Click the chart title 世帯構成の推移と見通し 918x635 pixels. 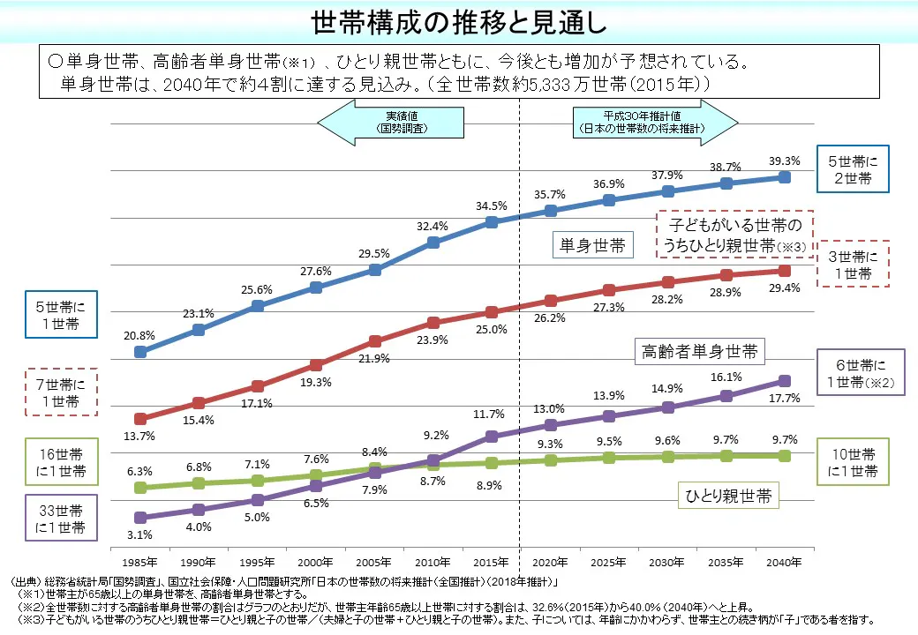tap(459, 22)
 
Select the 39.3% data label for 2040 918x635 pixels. tap(785, 161)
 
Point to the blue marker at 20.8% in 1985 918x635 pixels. tap(140, 352)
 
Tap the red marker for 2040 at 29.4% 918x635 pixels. tap(785, 270)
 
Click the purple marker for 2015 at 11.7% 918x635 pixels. tap(492, 436)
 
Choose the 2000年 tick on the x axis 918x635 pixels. tap(316, 562)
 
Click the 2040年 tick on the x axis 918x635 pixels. tap(785, 562)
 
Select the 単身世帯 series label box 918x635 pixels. tap(593, 245)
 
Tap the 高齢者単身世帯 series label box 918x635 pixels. tap(698, 353)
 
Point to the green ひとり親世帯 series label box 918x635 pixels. tap(728, 496)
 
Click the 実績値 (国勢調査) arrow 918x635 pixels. tap(393, 122)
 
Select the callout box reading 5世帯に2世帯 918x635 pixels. tap(854, 169)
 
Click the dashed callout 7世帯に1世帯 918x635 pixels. tap(59, 392)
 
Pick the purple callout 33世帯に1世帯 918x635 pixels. tap(59, 519)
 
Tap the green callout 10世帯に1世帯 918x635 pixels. tap(854, 463)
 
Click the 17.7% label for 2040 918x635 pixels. tap(785, 398)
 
